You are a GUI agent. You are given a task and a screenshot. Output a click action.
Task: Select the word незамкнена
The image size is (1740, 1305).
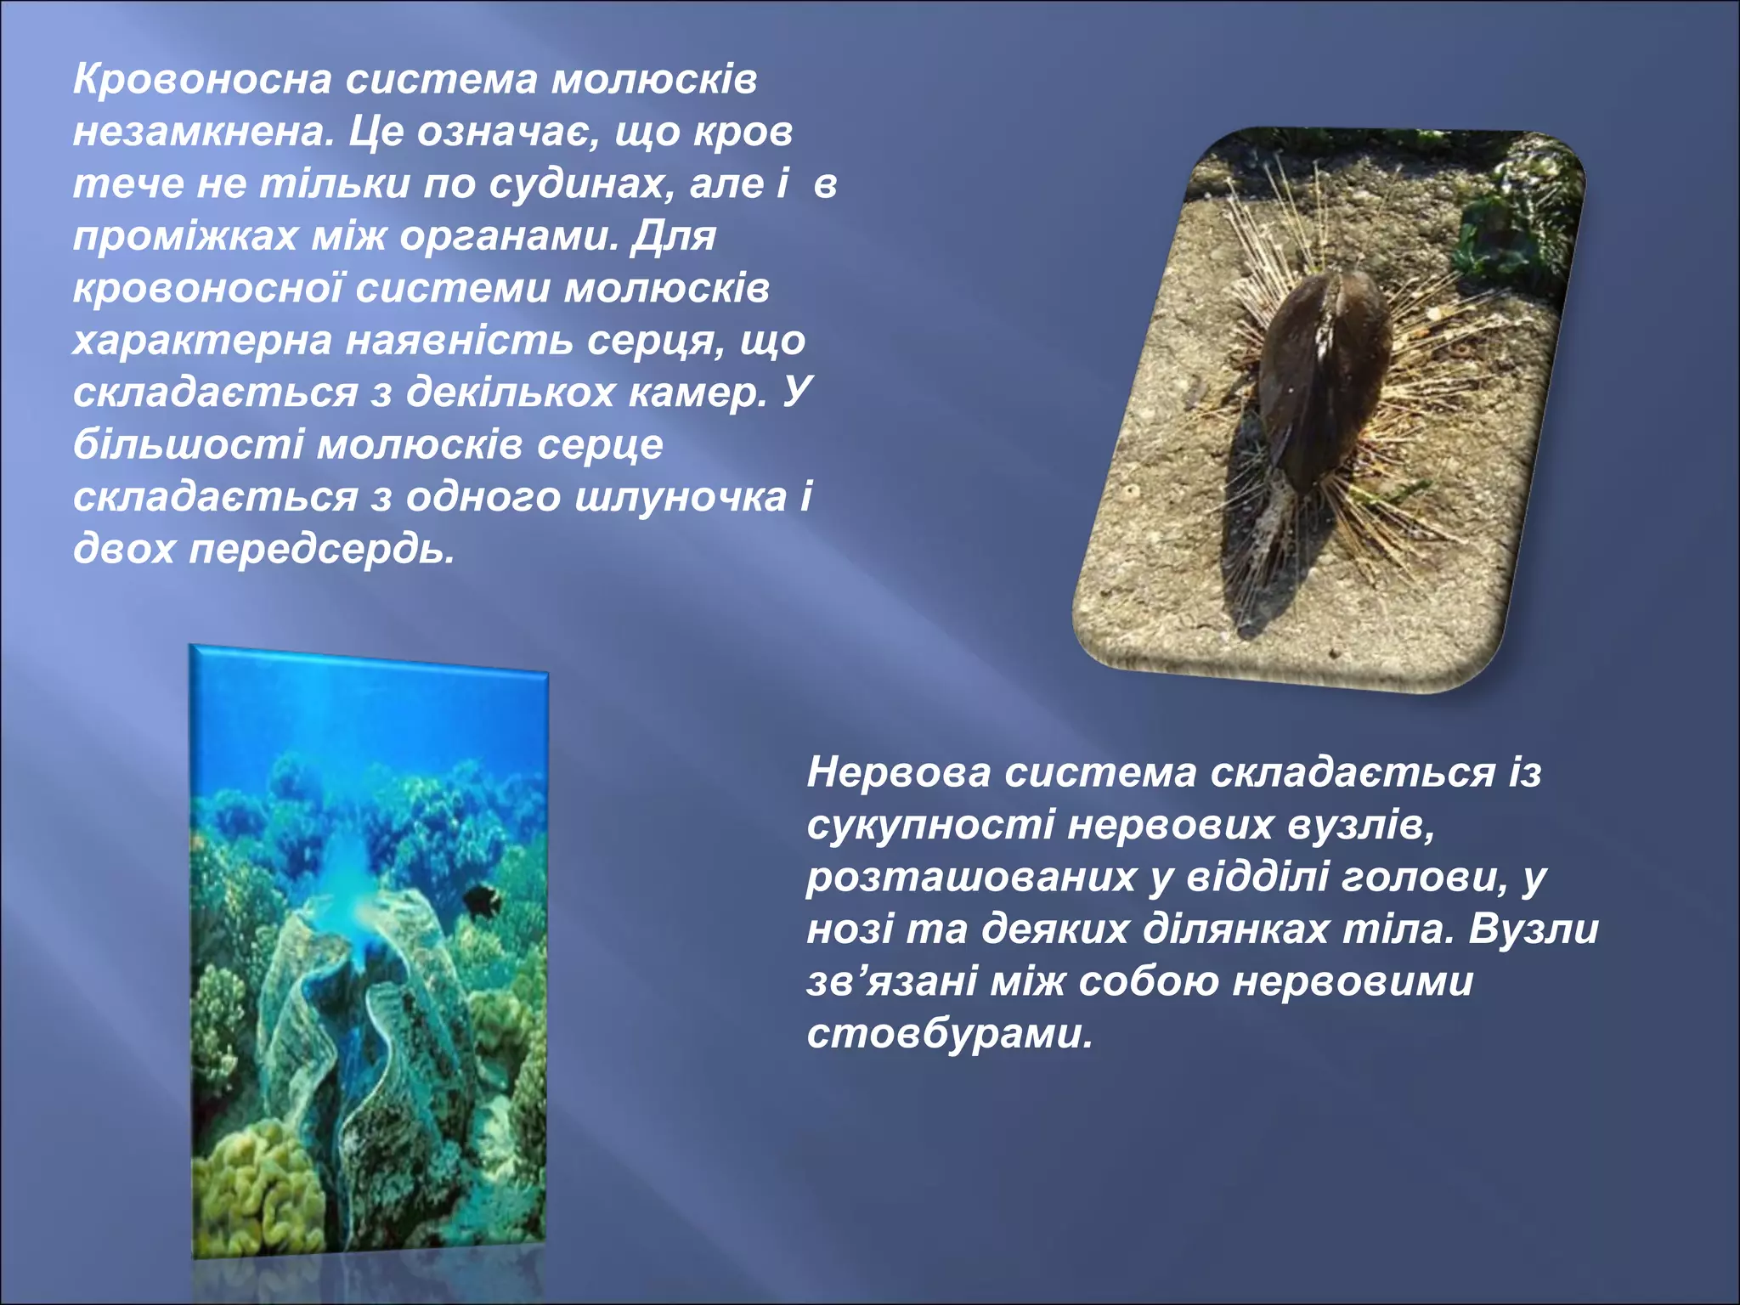pyautogui.click(x=203, y=133)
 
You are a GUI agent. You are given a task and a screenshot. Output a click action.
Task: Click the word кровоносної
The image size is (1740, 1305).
pyautogui.click(x=207, y=289)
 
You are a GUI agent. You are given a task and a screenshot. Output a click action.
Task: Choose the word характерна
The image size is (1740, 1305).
pyautogui.click(x=202, y=342)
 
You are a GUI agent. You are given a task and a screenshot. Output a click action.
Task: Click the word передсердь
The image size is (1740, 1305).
pyautogui.click(x=322, y=550)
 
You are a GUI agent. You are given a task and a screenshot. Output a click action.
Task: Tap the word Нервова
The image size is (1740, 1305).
pyautogui.click(x=898, y=773)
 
